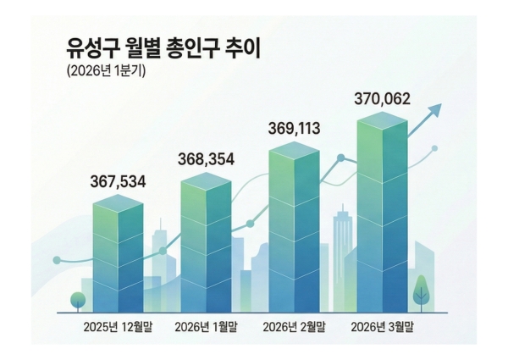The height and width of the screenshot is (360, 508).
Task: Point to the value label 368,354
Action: [x=206, y=159]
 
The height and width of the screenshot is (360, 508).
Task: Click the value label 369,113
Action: [x=294, y=129]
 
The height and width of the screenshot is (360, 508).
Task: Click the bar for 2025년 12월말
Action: [x=119, y=254]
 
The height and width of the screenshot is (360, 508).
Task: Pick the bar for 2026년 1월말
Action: [x=206, y=246]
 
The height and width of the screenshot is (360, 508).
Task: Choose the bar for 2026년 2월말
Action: [x=294, y=229]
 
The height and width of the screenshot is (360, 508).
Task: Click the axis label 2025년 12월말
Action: [x=119, y=326]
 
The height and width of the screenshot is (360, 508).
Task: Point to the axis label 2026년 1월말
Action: [x=206, y=326]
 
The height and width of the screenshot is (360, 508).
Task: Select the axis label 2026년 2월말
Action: [x=295, y=326]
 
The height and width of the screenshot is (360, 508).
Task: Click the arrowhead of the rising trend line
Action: [x=437, y=108]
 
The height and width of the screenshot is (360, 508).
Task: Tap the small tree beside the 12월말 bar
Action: [x=78, y=300]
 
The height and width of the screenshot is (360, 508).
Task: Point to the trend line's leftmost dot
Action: [x=57, y=260]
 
